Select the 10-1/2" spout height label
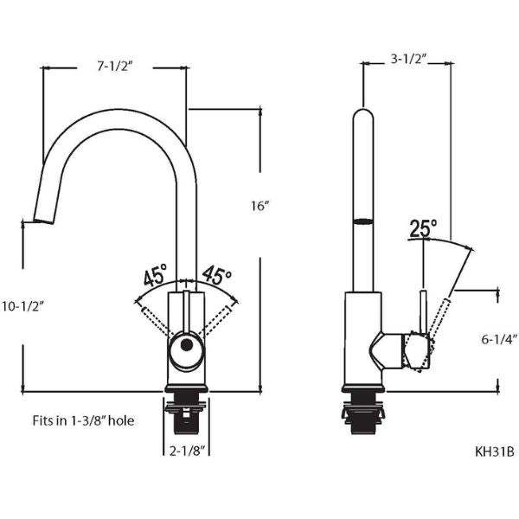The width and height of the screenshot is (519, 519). [22, 305]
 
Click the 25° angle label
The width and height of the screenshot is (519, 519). [423, 227]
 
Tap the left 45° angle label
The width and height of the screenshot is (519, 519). [155, 277]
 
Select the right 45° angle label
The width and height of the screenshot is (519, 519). [216, 277]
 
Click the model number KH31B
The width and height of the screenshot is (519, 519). [494, 451]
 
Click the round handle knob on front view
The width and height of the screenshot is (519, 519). [184, 350]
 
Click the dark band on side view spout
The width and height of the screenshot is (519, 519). [364, 221]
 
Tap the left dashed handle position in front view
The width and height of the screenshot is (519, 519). [157, 315]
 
